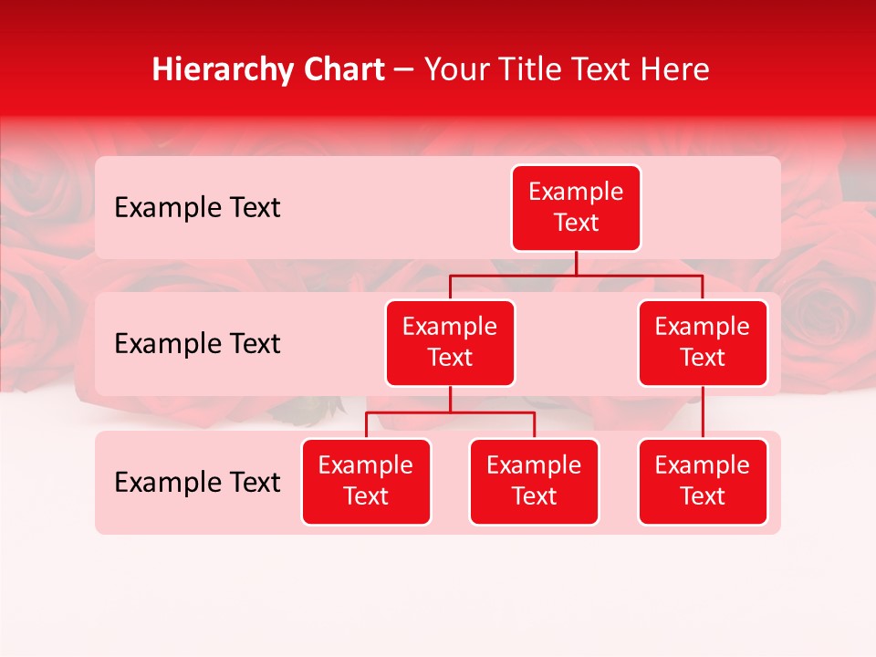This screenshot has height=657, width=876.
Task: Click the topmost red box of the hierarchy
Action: (x=576, y=208)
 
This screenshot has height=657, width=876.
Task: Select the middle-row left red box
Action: (x=450, y=343)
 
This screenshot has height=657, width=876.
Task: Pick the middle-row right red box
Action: (x=703, y=343)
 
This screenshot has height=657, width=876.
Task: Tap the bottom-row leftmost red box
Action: (x=366, y=482)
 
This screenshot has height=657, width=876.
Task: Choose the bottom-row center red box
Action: (x=534, y=482)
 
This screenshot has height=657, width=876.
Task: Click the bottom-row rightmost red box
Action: (x=703, y=482)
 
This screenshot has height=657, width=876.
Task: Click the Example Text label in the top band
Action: (x=197, y=208)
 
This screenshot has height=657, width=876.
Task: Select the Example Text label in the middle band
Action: (x=197, y=344)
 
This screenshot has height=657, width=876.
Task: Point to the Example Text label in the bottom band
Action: (x=197, y=482)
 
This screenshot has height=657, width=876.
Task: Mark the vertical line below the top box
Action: (x=576, y=263)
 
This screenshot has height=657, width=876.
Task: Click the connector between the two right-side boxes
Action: (x=703, y=412)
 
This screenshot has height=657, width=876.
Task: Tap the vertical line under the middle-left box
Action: (x=450, y=399)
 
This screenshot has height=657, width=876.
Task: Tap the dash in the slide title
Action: (x=404, y=70)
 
